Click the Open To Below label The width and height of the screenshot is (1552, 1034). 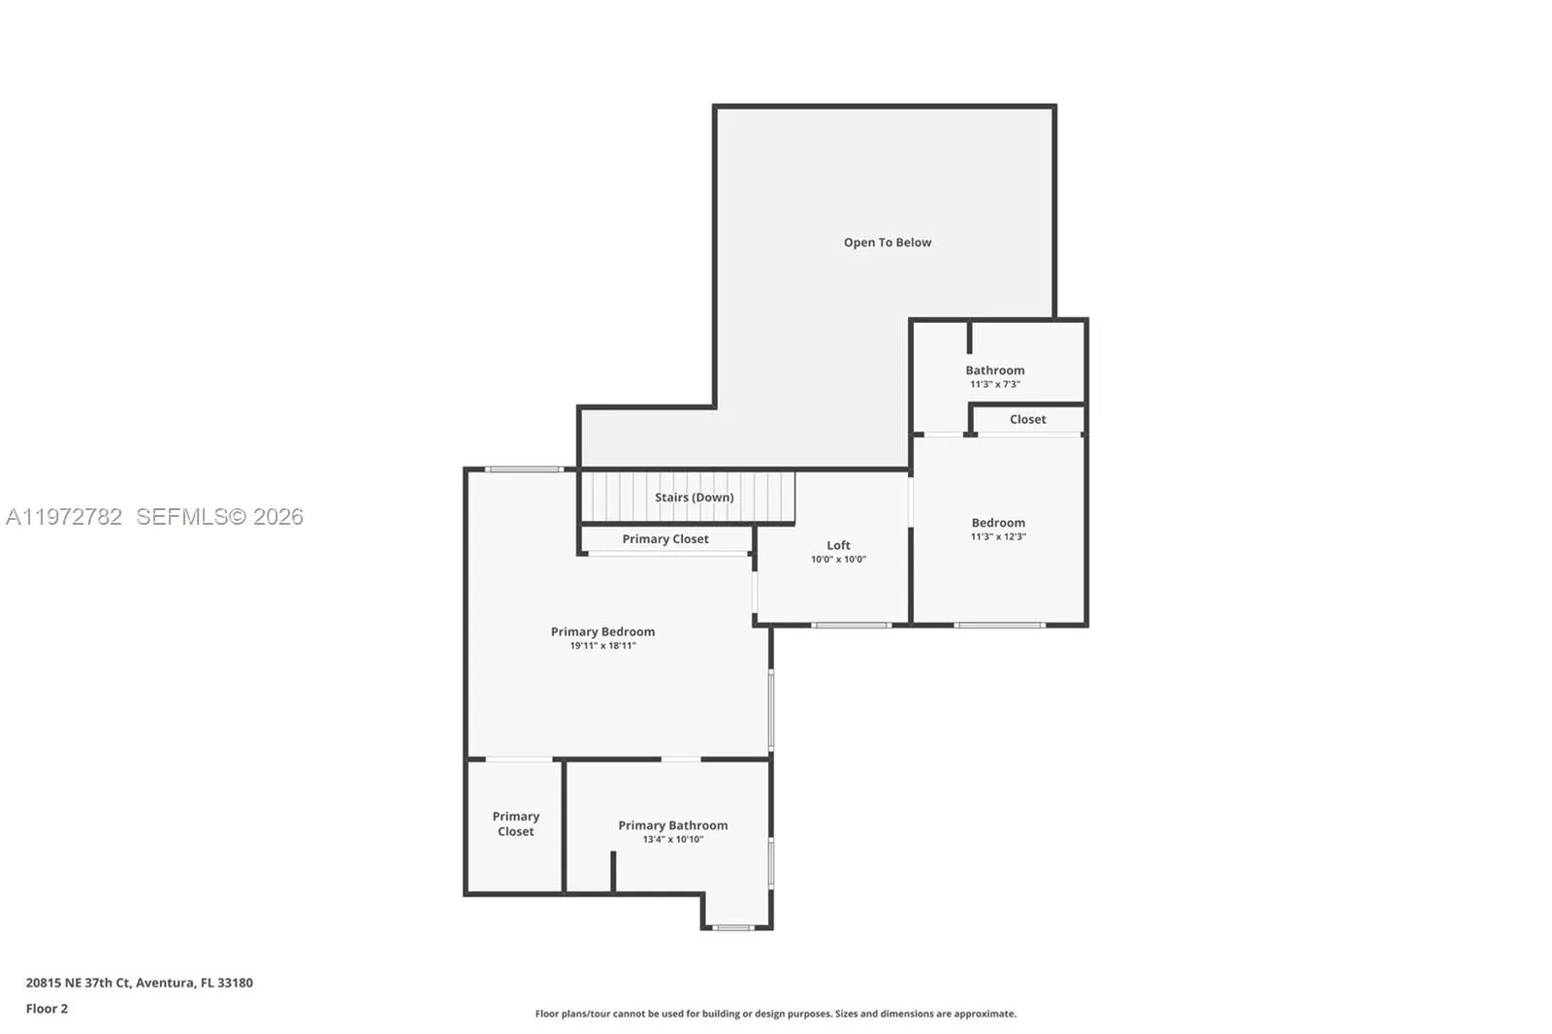(887, 242)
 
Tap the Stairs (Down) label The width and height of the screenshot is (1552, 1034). (694, 498)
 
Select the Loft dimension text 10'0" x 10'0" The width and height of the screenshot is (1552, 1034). (838, 560)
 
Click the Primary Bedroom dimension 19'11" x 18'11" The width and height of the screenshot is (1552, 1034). (602, 646)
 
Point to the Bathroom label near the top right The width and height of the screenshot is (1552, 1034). (994, 371)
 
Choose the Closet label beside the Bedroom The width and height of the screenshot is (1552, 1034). (1027, 420)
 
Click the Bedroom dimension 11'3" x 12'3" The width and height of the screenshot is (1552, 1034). (998, 537)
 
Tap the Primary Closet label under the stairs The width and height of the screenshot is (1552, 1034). (665, 539)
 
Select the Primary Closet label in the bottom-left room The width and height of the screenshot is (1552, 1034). (515, 824)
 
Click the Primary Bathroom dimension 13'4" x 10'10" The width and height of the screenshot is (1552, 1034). (672, 840)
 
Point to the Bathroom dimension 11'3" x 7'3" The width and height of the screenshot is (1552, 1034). (994, 385)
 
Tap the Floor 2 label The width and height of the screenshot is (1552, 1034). (47, 1009)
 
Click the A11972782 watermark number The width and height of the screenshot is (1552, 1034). (64, 517)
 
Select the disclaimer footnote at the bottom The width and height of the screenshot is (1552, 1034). (775, 1014)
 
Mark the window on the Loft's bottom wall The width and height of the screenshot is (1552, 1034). (851, 625)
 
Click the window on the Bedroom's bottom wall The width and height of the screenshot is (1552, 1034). (998, 625)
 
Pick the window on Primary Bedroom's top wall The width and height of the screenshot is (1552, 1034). (524, 469)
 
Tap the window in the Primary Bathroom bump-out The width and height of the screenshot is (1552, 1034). (733, 928)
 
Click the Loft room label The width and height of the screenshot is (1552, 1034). (838, 545)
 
